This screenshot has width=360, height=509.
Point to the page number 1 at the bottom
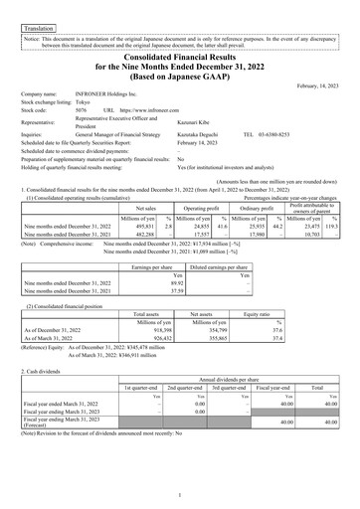(x=180, y=494)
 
